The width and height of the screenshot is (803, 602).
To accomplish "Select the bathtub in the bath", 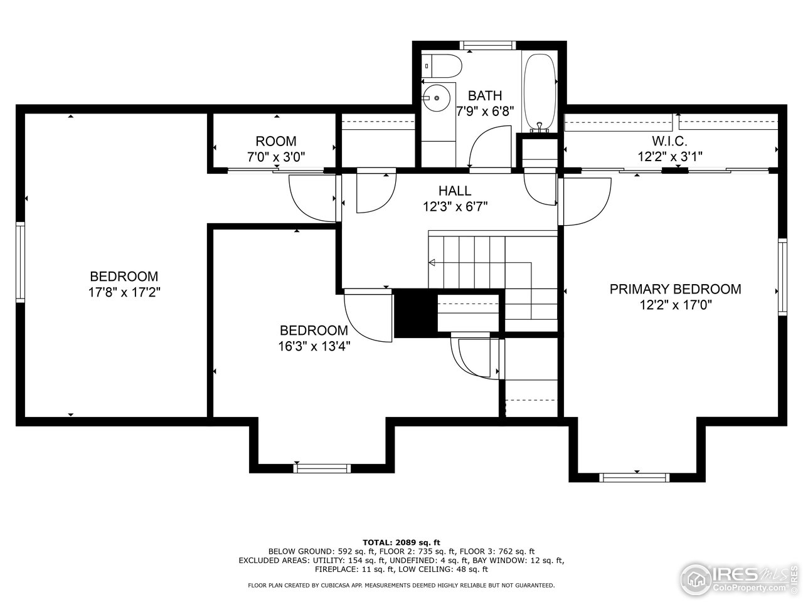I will (539, 90).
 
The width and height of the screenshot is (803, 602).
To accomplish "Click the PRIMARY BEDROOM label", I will (675, 289).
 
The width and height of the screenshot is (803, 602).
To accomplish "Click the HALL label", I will (455, 191).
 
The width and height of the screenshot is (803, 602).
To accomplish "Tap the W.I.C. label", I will (670, 142).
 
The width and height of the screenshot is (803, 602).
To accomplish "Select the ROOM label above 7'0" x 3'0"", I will (276, 142).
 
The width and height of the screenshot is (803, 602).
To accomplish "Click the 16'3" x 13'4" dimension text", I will (314, 346).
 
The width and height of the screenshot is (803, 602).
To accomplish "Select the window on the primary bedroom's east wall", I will (782, 276).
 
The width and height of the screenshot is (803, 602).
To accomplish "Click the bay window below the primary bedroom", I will (635, 477).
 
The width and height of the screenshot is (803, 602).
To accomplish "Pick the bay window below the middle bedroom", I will (322, 468).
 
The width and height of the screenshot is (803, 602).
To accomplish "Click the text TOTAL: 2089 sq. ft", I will (401, 542).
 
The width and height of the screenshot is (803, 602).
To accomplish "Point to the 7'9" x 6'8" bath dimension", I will (485, 111).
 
